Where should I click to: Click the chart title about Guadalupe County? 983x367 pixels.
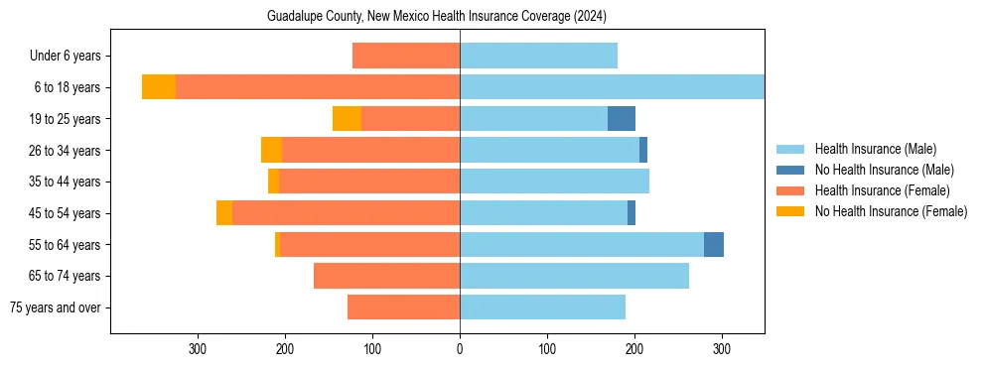[437, 17]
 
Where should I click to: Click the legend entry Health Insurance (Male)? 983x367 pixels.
[875, 149]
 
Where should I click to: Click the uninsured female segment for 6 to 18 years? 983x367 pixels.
[159, 87]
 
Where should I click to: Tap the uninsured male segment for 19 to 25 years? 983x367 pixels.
[622, 119]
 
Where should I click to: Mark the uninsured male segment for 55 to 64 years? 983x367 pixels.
[714, 245]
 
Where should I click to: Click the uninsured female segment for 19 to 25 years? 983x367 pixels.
[347, 119]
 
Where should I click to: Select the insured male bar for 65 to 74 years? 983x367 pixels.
[574, 276]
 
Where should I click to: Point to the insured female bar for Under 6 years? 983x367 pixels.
[406, 56]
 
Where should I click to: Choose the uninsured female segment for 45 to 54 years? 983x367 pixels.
[224, 213]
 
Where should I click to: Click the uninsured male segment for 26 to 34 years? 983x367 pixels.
[643, 150]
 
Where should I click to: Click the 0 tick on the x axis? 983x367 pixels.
[460, 349]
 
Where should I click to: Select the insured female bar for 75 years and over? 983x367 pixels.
[403, 307]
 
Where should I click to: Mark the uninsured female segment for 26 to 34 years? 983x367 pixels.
[271, 150]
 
